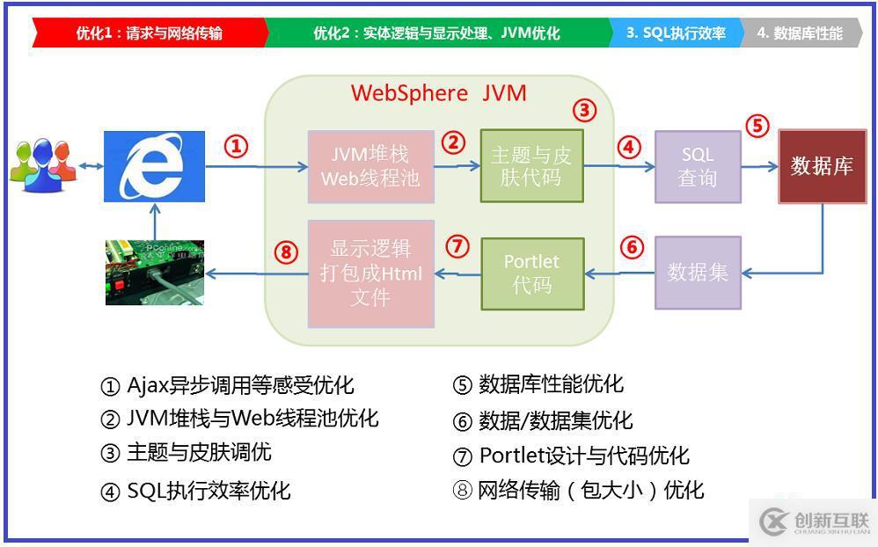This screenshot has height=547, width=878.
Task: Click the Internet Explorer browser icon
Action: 154,166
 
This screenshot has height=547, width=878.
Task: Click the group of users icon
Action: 42,164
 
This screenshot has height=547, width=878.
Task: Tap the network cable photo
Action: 155,273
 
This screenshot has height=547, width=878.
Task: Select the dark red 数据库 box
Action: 822,166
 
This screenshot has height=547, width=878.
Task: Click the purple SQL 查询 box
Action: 697,166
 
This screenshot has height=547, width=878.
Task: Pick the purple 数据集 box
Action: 697,273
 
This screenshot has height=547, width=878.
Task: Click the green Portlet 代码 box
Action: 531,273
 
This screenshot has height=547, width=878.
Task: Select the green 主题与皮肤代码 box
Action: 531,166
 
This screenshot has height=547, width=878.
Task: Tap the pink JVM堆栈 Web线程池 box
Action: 370,166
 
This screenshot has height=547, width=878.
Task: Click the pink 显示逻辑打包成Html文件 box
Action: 370,273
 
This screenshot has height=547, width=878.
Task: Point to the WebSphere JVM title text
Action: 439,93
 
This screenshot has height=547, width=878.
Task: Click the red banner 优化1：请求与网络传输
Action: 150,33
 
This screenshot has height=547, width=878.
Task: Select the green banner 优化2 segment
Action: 436,33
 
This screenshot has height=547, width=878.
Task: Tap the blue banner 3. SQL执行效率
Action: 676,33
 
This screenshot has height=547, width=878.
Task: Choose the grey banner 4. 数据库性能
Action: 799,33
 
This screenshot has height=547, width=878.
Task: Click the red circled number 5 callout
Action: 757,126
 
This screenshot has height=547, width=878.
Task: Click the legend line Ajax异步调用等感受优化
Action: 227,385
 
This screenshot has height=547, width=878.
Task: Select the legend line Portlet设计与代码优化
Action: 572,456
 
